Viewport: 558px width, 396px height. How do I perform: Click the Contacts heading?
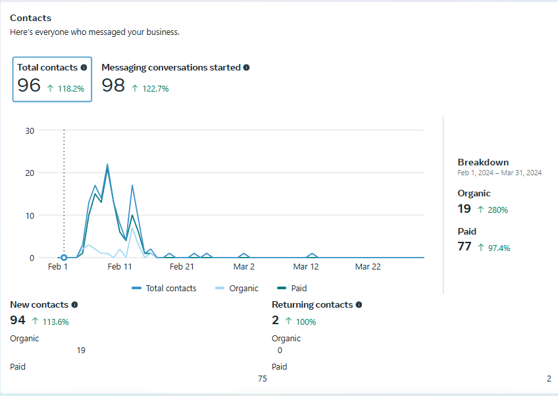pos(30,18)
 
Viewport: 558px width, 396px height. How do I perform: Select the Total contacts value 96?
pos(29,86)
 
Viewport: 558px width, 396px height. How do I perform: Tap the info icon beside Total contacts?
pos(84,67)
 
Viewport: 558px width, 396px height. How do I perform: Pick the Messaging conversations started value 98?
pos(113,86)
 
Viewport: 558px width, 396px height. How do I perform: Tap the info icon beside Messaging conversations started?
pos(246,67)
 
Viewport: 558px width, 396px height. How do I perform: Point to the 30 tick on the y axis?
pos(29,130)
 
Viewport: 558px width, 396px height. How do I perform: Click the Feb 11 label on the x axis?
pos(120,267)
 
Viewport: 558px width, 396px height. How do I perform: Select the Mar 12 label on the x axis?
pos(306,267)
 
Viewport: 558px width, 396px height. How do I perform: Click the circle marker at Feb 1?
pos(64,258)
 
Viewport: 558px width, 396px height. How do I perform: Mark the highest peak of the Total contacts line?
pos(107,165)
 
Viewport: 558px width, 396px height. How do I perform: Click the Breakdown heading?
pos(483,162)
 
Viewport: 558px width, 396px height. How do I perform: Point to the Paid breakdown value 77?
pos(465,246)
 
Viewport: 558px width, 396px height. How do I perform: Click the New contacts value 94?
pos(18,320)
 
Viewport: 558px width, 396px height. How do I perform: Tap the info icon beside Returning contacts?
pos(359,304)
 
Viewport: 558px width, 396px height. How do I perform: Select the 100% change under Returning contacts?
pos(305,322)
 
